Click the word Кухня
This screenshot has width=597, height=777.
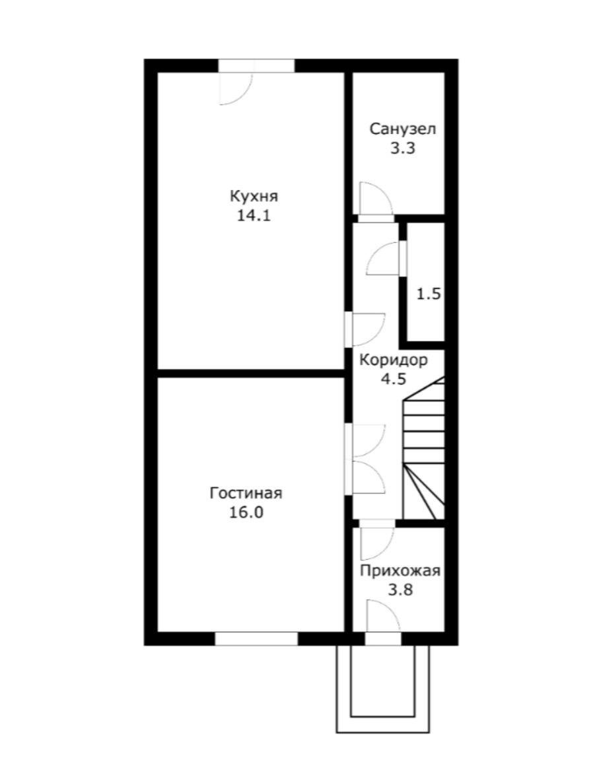(254, 197)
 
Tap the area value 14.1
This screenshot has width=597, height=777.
(254, 216)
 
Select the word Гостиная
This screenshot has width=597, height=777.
(246, 493)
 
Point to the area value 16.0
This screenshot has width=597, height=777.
(246, 512)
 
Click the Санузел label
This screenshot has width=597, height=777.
(403, 129)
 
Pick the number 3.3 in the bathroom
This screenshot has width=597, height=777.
(402, 148)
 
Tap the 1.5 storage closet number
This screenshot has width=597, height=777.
(429, 294)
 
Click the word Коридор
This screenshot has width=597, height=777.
(393, 360)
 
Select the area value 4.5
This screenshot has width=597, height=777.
(393, 379)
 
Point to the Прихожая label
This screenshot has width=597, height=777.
(400, 571)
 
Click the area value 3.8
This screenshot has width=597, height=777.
(401, 590)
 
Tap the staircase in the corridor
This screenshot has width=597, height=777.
(425, 448)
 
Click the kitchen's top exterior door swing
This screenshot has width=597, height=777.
(236, 89)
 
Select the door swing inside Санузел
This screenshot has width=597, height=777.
(376, 199)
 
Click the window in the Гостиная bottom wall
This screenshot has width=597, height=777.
(256, 639)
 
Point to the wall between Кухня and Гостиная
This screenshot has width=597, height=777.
(251, 374)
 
